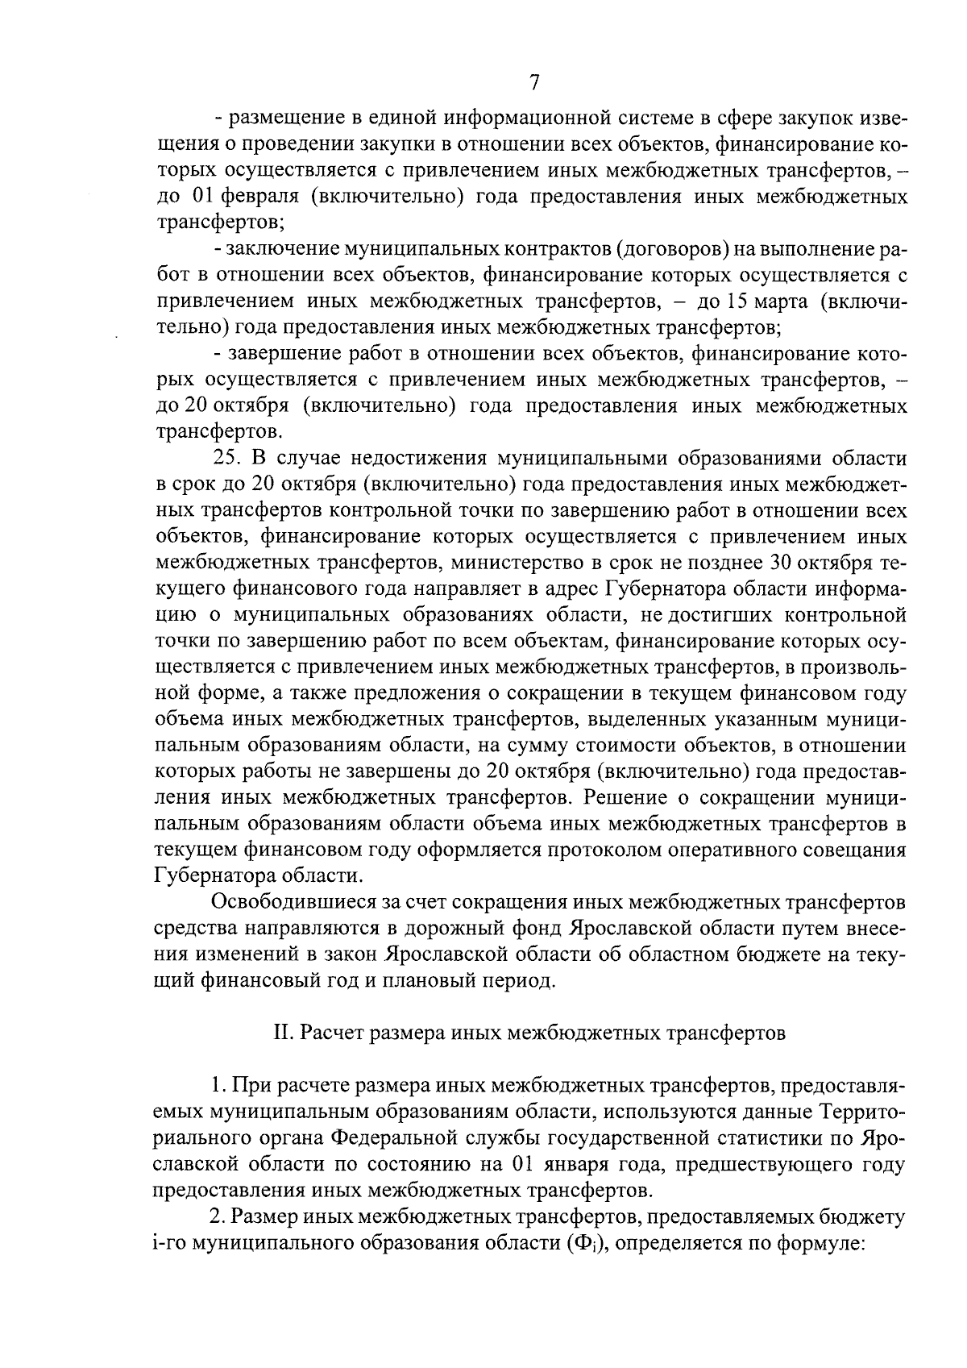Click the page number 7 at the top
[x=533, y=83]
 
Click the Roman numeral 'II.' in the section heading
[x=283, y=1033]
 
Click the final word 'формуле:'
[x=821, y=1242]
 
